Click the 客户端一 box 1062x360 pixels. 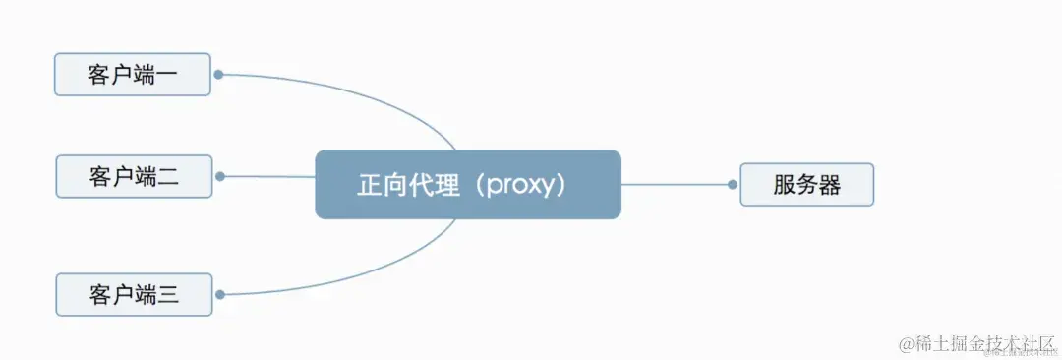pyautogui.click(x=133, y=75)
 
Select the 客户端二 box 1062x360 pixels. pyautogui.click(x=134, y=177)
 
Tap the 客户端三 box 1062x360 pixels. pyautogui.click(x=134, y=294)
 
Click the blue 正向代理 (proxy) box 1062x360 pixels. pyautogui.click(x=468, y=184)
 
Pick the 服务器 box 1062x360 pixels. pyautogui.click(x=806, y=185)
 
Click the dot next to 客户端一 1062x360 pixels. pyautogui.click(x=218, y=74)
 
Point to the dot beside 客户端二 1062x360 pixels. pyautogui.click(x=220, y=177)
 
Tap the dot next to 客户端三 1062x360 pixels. pyautogui.click(x=220, y=294)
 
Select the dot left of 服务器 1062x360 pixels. pyautogui.click(x=733, y=184)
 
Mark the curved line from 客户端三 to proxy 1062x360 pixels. pyautogui.click(x=374, y=274)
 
